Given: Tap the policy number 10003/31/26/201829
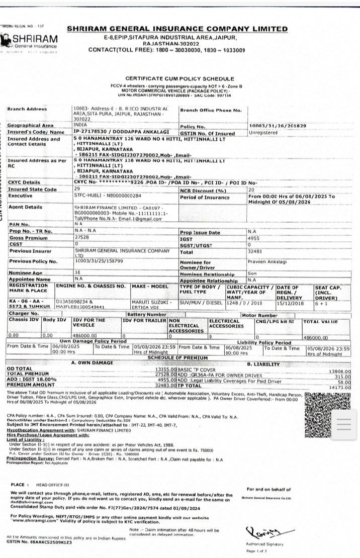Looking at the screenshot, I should pos(278,125).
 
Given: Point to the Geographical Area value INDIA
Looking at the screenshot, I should pos(80,125).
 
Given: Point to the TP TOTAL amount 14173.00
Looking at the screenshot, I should pos(340,388).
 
